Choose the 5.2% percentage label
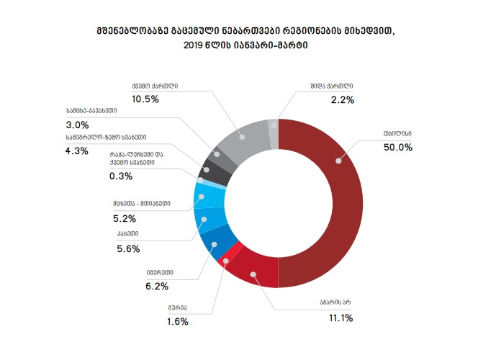click(126, 217)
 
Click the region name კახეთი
click(127, 234)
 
